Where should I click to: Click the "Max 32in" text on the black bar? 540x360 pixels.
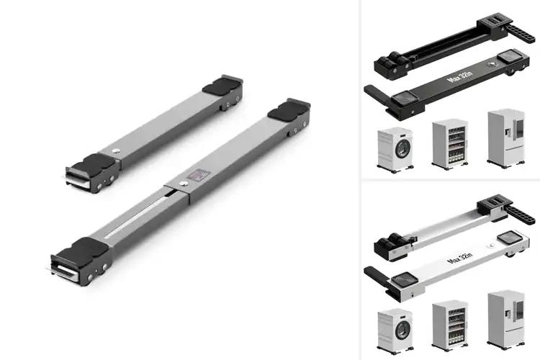pyautogui.click(x=458, y=79)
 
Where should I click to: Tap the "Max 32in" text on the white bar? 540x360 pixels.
pyautogui.click(x=458, y=255)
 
